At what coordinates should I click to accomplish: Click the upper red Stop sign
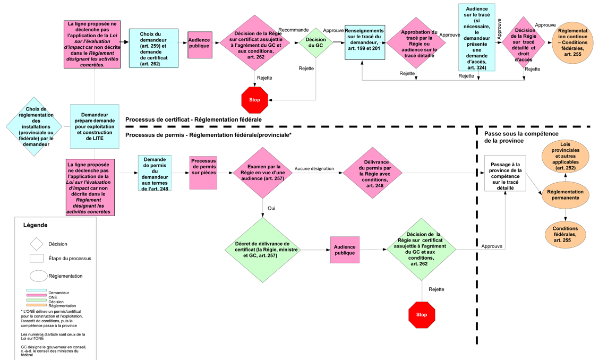255,100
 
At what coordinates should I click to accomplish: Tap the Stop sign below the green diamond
422,314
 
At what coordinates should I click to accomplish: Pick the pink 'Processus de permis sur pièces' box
203,173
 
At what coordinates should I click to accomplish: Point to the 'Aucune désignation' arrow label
314,168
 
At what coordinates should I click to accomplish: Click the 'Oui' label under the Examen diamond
271,209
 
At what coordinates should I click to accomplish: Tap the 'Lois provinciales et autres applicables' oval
566,156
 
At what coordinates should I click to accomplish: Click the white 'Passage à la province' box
504,173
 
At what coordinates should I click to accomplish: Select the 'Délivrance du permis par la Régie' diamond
370,172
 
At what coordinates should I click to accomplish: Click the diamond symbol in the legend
36,244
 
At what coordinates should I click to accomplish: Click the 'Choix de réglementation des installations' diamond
33,126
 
